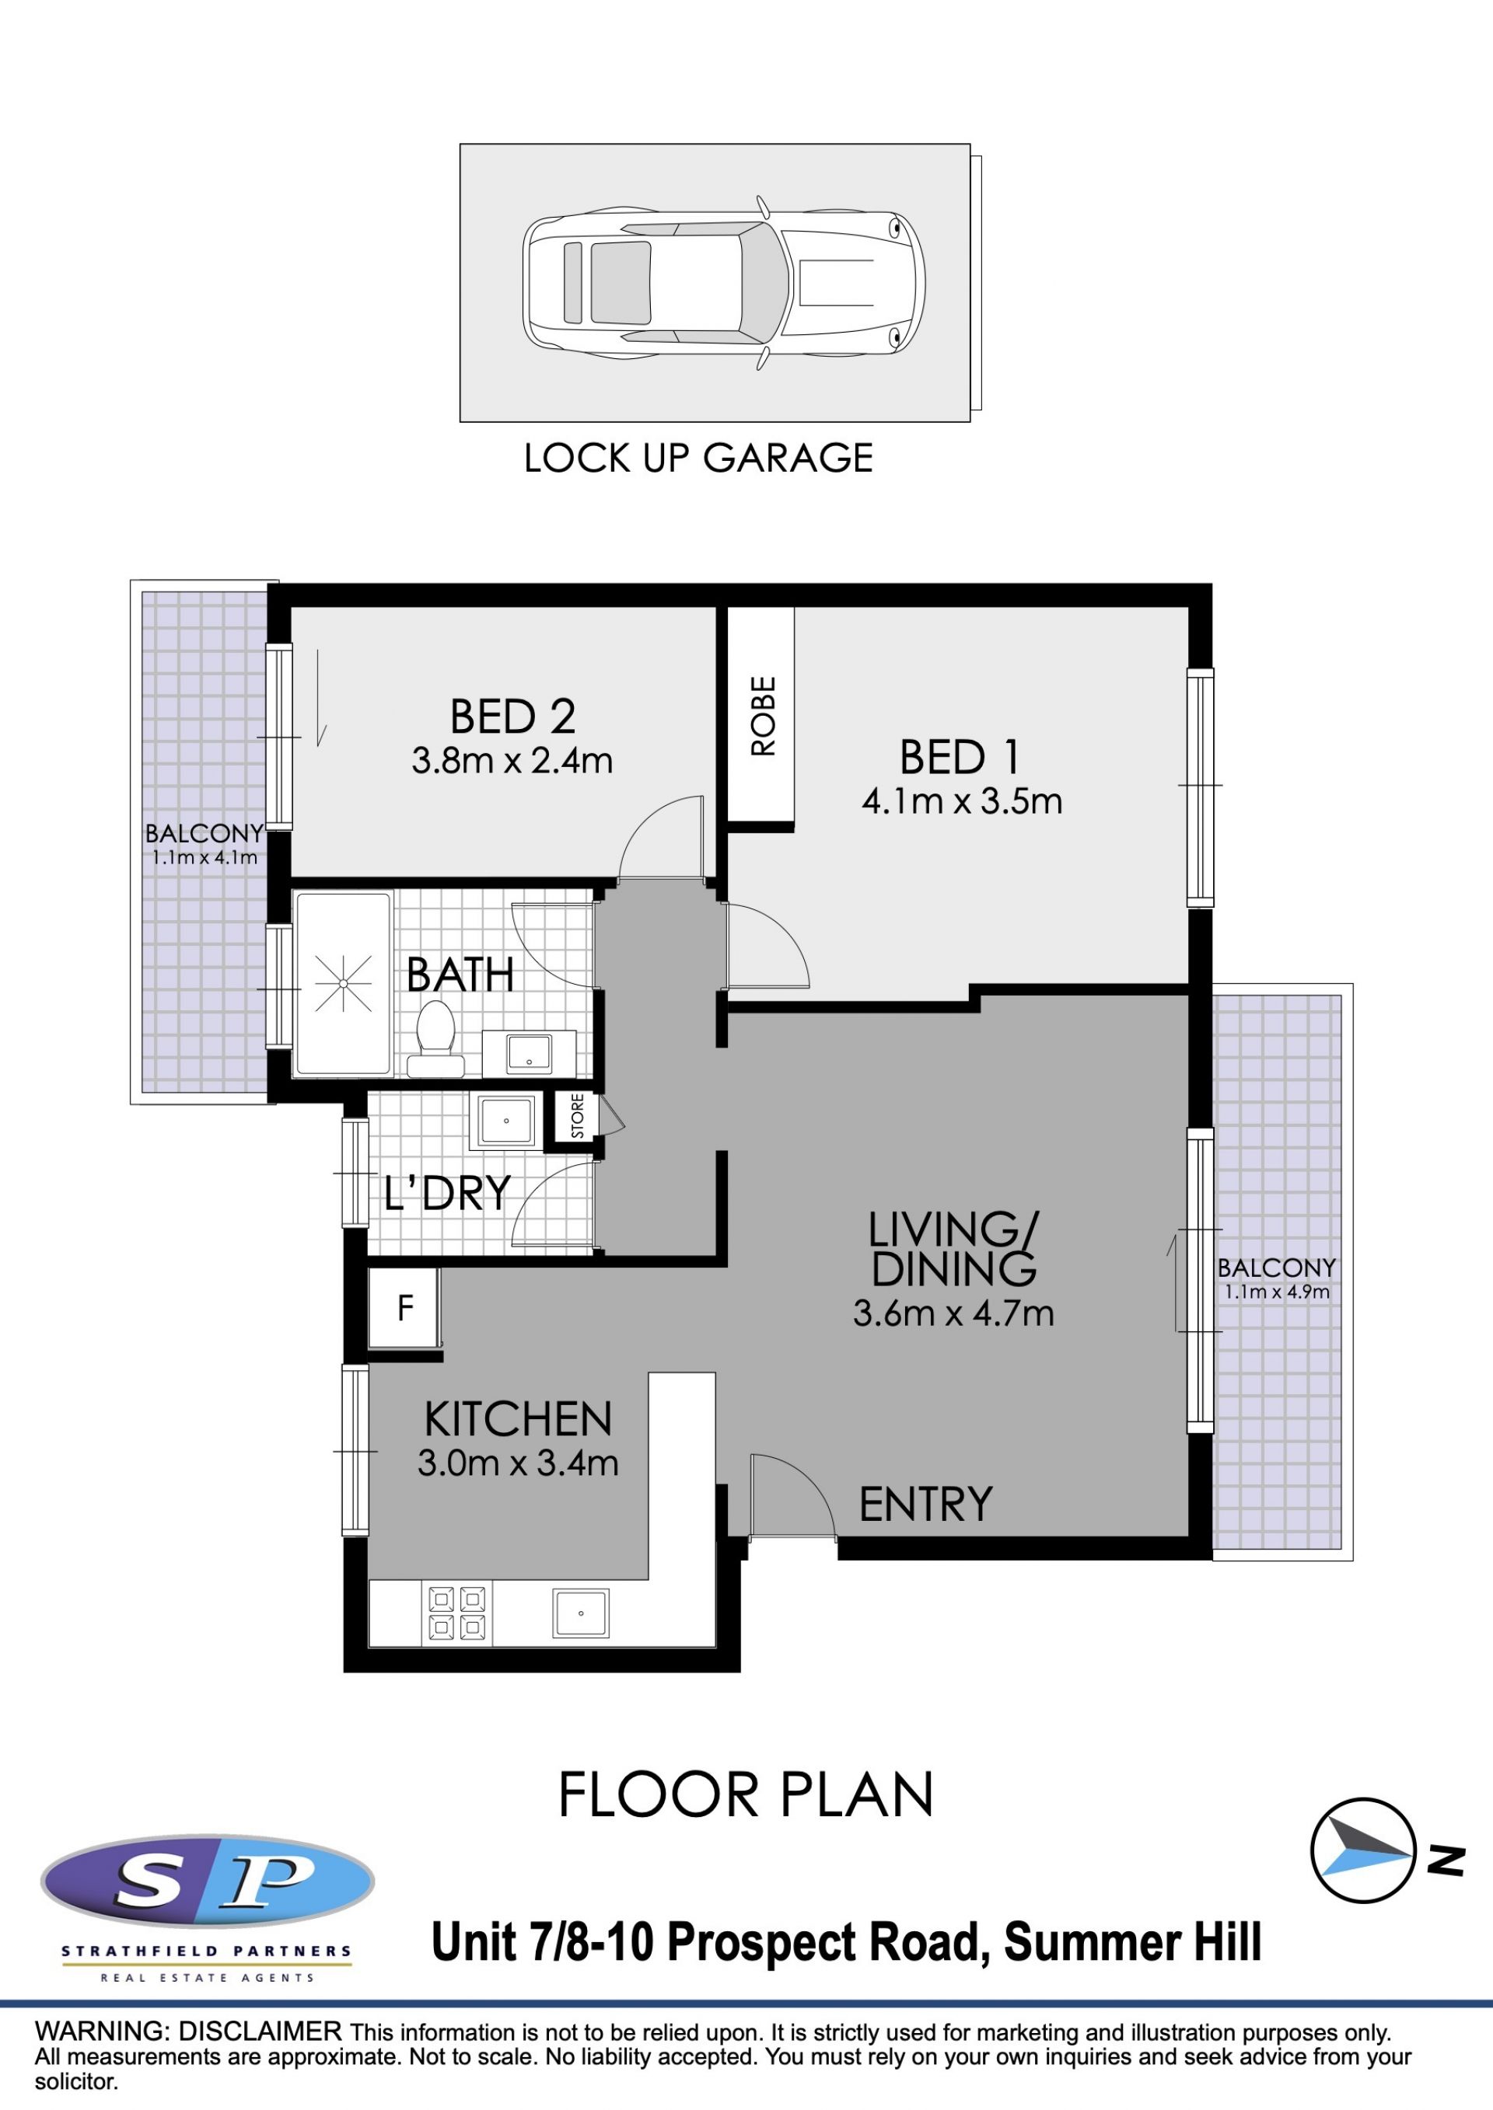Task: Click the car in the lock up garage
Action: [x=723, y=283]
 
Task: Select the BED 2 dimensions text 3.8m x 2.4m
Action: [x=512, y=761]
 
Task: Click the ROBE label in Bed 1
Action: [x=763, y=716]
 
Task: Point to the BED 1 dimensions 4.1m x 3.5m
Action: [x=962, y=801]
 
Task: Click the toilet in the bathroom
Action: [x=435, y=1039]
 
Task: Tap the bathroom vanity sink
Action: [x=530, y=1052]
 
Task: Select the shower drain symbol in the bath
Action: [x=343, y=983]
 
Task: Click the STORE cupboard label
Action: [x=577, y=1116]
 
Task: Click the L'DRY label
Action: [x=447, y=1193]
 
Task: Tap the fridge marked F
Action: [x=404, y=1308]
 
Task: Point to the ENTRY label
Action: [x=926, y=1505]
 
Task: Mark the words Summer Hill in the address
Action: [x=1133, y=1942]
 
